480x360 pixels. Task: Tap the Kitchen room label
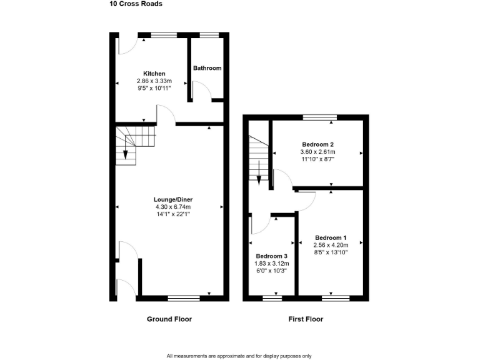(154, 74)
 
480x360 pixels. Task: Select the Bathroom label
(207, 68)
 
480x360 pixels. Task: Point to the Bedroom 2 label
(318, 144)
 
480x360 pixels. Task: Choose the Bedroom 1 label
(331, 237)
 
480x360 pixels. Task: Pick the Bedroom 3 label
(272, 256)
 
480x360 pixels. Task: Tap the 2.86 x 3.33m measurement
(154, 81)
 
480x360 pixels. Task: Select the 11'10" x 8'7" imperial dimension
(318, 159)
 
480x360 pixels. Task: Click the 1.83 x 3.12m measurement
(272, 264)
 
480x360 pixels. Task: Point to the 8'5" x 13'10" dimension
(331, 252)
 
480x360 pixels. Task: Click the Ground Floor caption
(169, 319)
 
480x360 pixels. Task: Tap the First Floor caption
(306, 319)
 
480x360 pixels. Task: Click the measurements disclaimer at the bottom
(239, 356)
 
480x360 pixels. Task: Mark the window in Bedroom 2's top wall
(320, 117)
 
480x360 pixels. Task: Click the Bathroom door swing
(198, 92)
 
